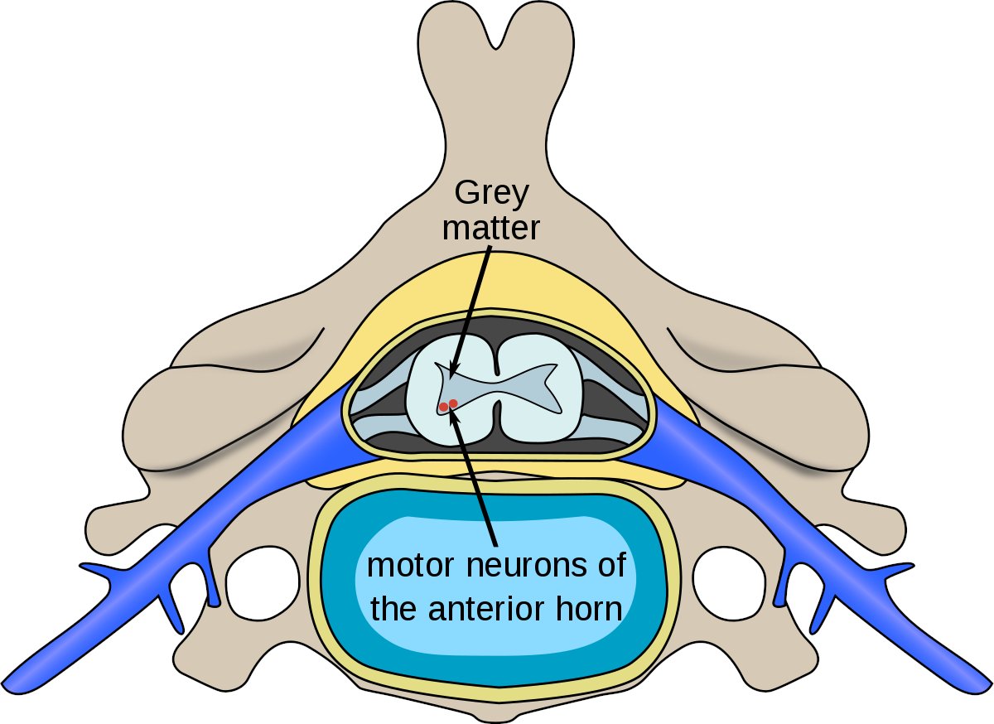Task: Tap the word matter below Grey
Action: [490, 227]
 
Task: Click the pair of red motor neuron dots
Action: [448, 405]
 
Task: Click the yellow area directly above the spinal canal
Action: [497, 286]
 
